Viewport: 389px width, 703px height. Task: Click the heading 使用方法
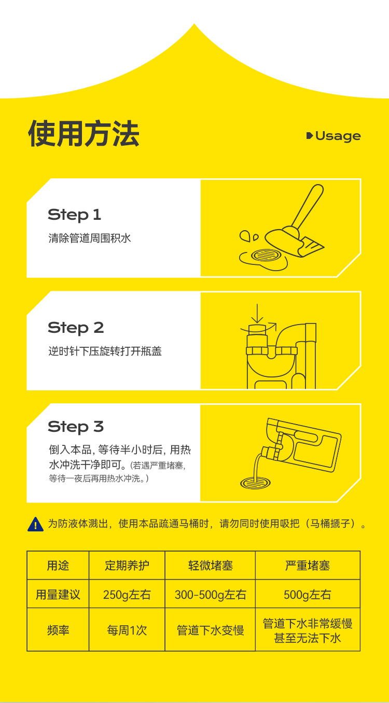[x=84, y=133]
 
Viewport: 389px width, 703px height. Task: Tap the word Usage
[x=338, y=136]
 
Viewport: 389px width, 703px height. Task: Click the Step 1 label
[x=74, y=215]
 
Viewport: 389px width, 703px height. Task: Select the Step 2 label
[x=76, y=328]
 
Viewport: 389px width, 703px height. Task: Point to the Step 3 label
[x=76, y=427]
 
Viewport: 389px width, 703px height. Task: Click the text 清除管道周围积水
[x=90, y=238]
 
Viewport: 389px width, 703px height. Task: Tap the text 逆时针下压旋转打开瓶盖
[x=105, y=351]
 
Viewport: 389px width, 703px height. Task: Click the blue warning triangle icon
[x=35, y=525]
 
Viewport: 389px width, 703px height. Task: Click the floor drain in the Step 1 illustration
[x=267, y=255]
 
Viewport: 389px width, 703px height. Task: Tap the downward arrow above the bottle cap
[x=257, y=313]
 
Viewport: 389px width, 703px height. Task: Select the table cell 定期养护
[x=127, y=566]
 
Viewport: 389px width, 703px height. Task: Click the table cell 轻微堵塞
[x=211, y=566]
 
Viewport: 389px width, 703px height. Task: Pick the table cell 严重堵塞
[x=308, y=566]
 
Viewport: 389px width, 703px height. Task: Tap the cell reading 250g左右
[x=127, y=595]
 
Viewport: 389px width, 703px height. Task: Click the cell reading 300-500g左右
[x=211, y=595]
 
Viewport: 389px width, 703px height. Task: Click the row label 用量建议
[x=58, y=595]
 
